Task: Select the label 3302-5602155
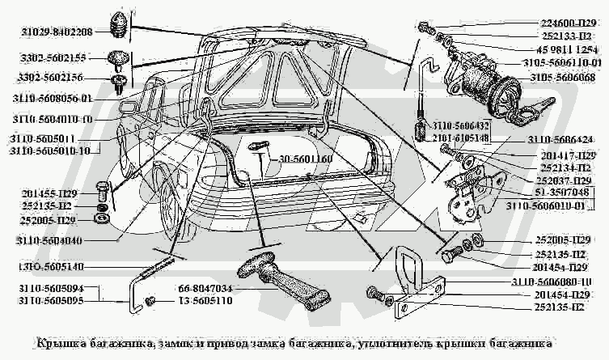pyautogui.click(x=48, y=59)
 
